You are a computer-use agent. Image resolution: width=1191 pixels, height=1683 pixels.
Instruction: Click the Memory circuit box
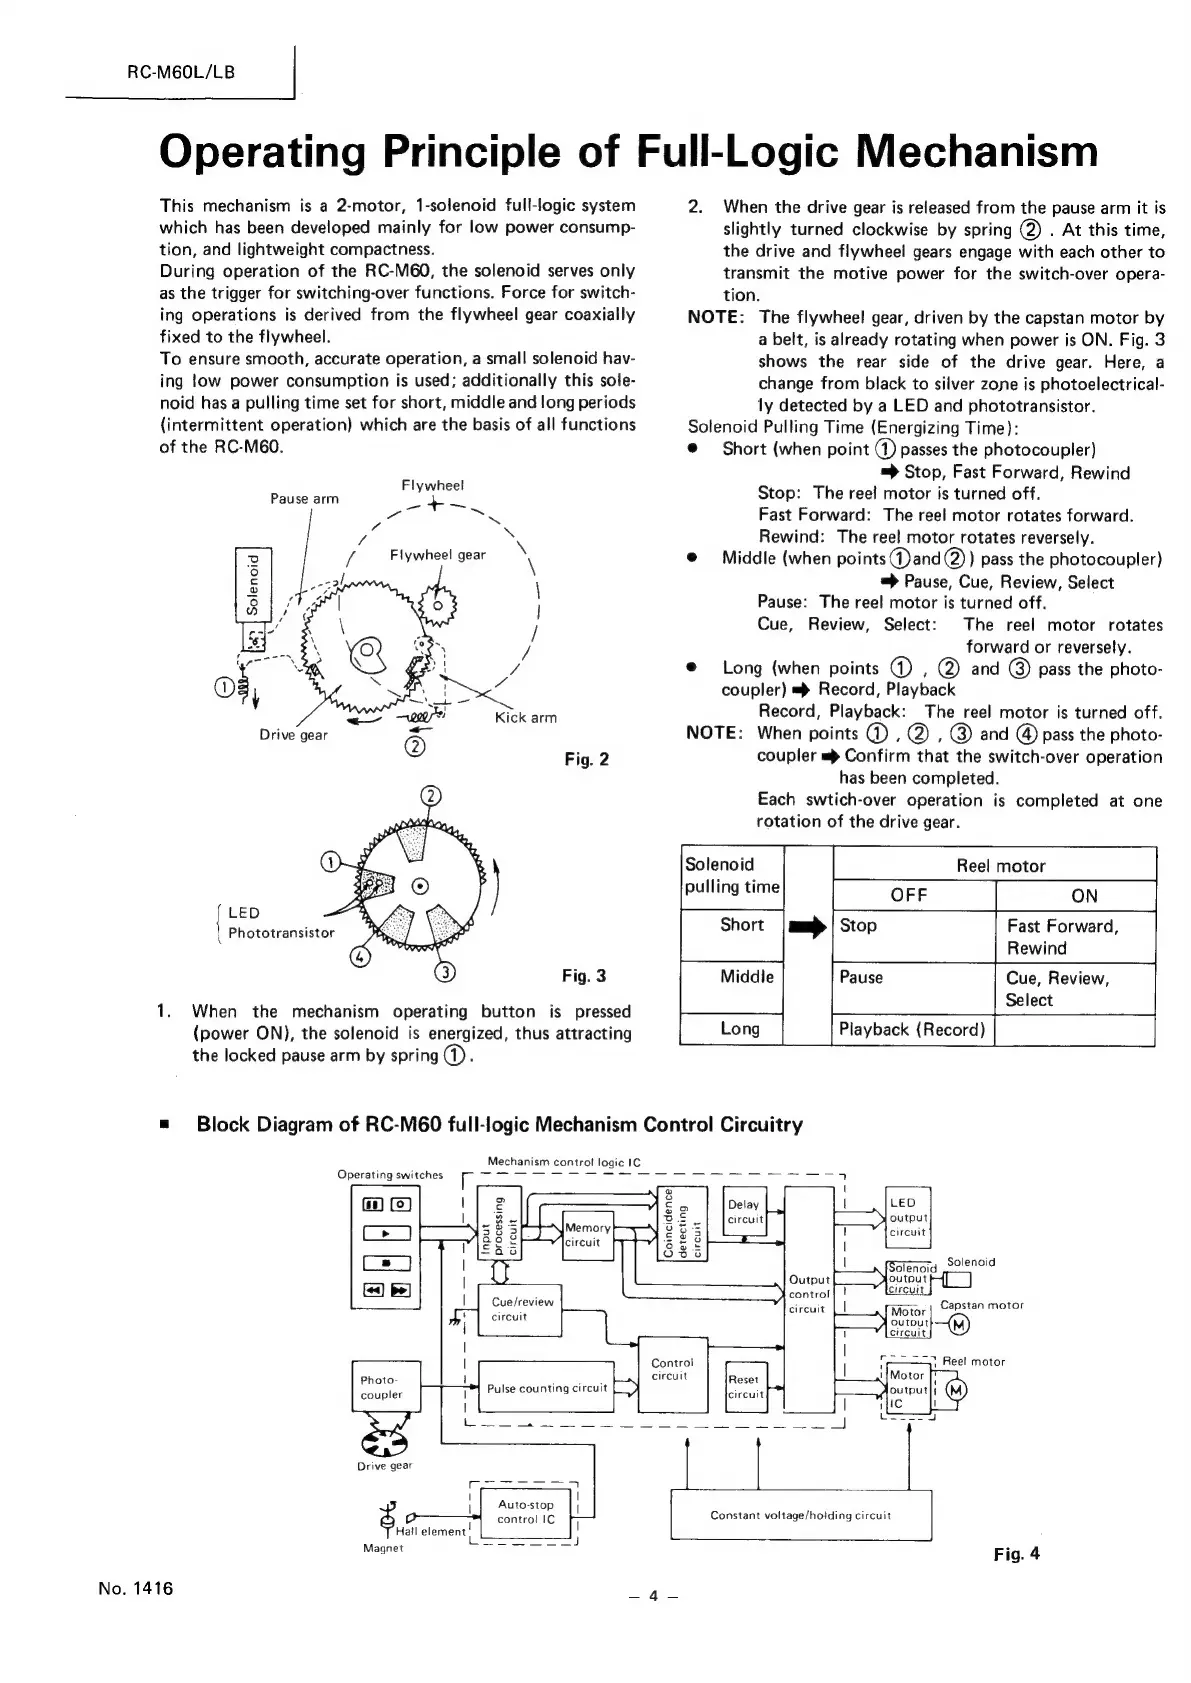pyautogui.click(x=586, y=1234)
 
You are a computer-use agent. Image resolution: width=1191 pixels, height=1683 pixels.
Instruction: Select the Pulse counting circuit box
pyautogui.click(x=546, y=1388)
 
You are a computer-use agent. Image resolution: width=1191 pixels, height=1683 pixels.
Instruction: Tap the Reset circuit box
pyautogui.click(x=745, y=1386)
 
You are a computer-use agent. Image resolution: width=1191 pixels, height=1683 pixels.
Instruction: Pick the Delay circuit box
pyautogui.click(x=745, y=1211)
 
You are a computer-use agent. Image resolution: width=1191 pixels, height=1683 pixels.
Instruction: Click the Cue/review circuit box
pyautogui.click(x=520, y=1309)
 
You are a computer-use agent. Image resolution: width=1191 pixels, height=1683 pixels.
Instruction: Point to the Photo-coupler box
pyautogui.click(x=386, y=1387)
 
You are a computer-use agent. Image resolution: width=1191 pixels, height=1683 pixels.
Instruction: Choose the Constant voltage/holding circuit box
pyautogui.click(x=800, y=1515)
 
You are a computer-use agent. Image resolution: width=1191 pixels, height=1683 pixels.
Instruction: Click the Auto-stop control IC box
pyautogui.click(x=525, y=1511)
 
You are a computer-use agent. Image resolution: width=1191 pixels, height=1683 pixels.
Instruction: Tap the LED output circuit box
pyautogui.click(x=908, y=1216)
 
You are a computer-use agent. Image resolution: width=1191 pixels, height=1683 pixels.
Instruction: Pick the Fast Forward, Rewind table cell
pyautogui.click(x=1074, y=936)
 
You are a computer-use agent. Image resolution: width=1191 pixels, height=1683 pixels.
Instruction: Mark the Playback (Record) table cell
pyautogui.click(x=912, y=1029)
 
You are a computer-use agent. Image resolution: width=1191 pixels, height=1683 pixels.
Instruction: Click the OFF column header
pyautogui.click(x=909, y=895)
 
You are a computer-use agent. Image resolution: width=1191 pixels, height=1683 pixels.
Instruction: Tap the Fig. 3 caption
pyautogui.click(x=583, y=975)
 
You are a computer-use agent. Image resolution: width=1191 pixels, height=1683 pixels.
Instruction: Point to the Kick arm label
pyautogui.click(x=525, y=717)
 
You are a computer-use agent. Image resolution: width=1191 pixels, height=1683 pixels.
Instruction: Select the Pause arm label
pyautogui.click(x=304, y=498)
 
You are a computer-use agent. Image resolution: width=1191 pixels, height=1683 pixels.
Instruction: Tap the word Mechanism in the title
pyautogui.click(x=977, y=152)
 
